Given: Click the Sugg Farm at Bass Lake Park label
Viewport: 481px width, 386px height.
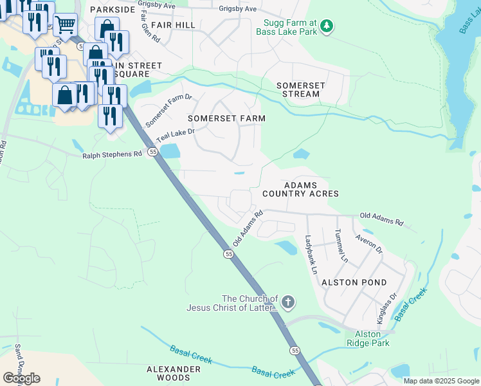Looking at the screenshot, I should (x=287, y=26).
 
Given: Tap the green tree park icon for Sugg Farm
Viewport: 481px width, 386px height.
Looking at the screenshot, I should (x=327, y=26).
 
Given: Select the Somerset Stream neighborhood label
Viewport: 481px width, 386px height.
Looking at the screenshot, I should (x=298, y=89).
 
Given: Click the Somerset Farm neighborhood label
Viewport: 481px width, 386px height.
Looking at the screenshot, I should (x=226, y=118).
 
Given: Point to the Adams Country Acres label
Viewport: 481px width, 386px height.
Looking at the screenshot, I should (x=300, y=188).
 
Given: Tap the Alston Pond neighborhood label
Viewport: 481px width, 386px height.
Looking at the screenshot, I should (x=354, y=282).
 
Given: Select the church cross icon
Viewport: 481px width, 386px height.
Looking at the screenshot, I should (x=289, y=302).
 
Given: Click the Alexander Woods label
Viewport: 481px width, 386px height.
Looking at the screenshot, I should (x=174, y=373).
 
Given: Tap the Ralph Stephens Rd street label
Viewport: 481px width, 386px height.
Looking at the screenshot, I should (x=112, y=155).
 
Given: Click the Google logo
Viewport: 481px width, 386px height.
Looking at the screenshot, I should (x=21, y=378).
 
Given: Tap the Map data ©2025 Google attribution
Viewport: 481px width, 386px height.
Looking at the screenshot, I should (x=440, y=381).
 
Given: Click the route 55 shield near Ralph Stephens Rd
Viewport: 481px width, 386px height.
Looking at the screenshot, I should (x=152, y=152).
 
